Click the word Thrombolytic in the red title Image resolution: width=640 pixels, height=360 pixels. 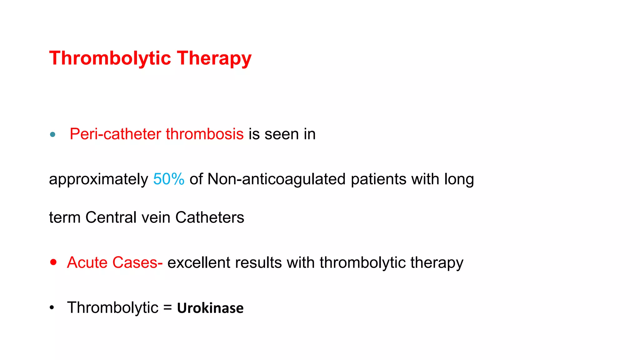110,59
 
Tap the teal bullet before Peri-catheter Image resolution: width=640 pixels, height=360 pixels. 52,135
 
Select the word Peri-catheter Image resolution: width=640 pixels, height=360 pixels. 115,134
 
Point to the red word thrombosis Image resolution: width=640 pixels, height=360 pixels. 205,134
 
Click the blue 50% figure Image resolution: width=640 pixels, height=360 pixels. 169,179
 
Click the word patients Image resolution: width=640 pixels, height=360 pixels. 378,179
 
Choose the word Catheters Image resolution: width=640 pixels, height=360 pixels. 210,217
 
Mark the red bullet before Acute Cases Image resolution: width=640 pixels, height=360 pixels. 53,262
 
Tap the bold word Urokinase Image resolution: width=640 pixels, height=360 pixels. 210,308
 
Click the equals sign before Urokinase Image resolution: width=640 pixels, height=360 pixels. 167,308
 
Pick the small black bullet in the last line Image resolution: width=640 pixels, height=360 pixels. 52,308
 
